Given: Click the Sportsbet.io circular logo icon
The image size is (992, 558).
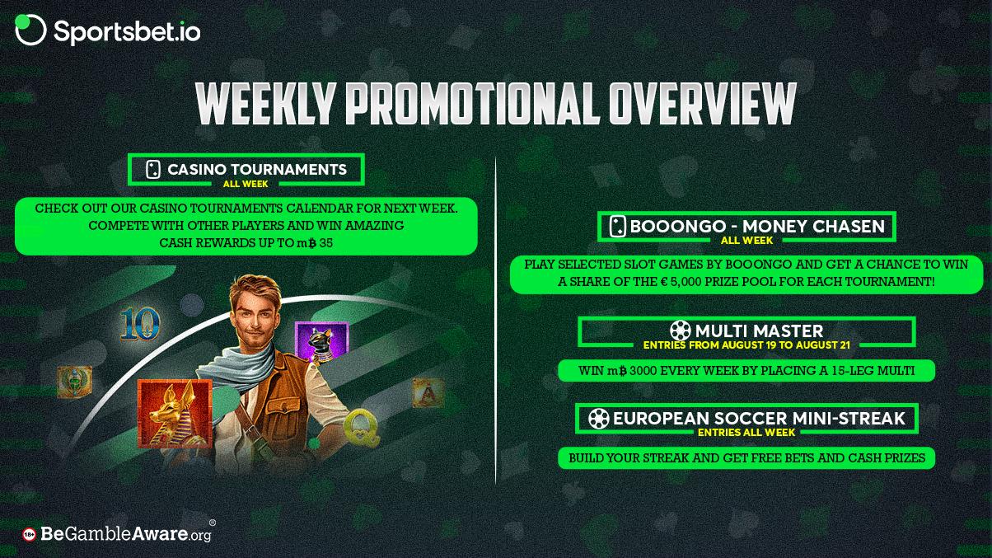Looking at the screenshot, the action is point(30,30).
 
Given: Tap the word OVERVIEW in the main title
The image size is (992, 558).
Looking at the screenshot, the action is point(702,104).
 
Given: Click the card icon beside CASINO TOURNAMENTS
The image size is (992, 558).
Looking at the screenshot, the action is point(152,169).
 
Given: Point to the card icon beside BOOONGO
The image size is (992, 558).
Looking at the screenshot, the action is point(617,227).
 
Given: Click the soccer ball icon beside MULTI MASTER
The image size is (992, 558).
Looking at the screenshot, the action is point(681,331).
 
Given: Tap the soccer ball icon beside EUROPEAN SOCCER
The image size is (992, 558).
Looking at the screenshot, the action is point(598,418).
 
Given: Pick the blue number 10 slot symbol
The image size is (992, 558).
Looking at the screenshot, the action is point(140,324).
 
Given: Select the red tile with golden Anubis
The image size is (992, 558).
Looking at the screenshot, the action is point(175,413).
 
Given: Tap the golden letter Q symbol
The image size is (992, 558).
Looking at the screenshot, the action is point(362,427).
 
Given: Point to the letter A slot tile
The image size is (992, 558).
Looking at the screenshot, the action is point(428,392).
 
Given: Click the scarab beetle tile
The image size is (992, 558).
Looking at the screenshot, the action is point(74,382).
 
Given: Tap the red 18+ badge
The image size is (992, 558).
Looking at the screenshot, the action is point(29,535).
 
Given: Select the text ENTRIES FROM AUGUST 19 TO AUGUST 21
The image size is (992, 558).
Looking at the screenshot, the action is point(746,345).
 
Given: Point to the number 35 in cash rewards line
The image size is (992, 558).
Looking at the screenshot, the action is point(325,242).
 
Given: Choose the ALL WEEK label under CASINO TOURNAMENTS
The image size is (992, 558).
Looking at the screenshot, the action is point(246,184).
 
